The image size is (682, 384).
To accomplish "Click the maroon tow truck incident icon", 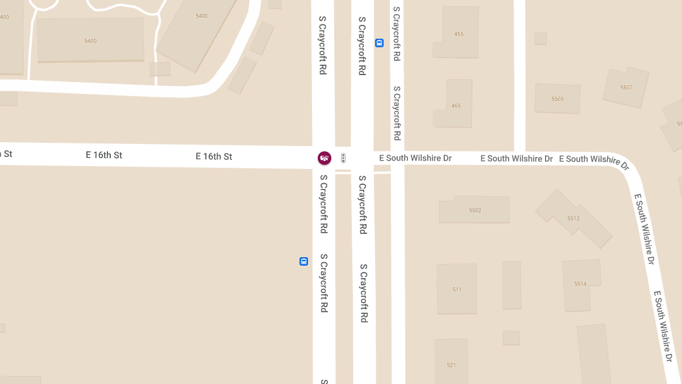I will pos(325,158).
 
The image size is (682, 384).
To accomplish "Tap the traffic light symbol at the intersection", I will pos(343,159).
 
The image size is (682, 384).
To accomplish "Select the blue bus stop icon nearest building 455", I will pos(379,43).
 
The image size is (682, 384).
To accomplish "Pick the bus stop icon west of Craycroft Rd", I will pos(303,261).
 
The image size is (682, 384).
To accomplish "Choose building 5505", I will pos(557,99).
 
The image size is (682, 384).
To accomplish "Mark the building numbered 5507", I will pos(626,88).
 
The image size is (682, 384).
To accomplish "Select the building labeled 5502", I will pos(475,210).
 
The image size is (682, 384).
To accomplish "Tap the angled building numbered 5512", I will pos(573,218).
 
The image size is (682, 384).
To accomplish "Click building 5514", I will pos(580,284).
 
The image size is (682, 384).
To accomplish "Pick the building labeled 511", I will pos(457,290).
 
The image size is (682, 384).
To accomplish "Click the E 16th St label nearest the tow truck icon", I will pos(214,156).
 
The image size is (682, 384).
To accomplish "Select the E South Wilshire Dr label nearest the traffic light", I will pos(415,158).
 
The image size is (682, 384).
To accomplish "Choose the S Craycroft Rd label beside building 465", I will pos(397,113).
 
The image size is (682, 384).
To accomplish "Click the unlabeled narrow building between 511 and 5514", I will pos(511,284).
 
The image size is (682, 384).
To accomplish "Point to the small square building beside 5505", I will pos(540,38).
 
